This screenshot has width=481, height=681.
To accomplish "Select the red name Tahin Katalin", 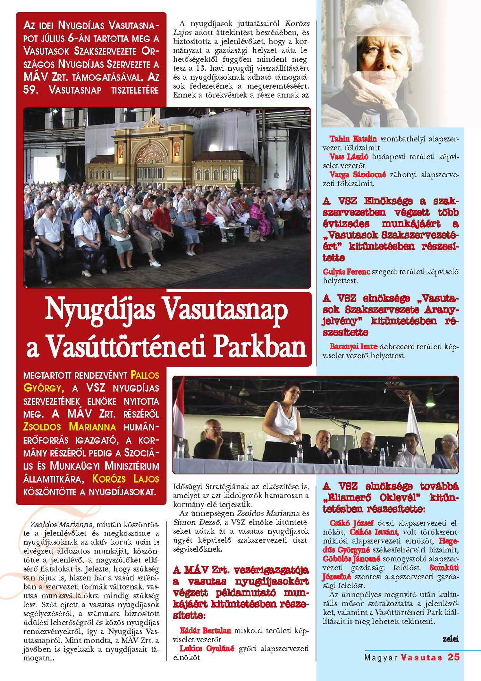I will [x=353, y=139].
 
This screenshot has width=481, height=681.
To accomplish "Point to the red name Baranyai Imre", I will [x=353, y=347].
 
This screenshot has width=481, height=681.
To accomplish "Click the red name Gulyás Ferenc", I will [x=346, y=272].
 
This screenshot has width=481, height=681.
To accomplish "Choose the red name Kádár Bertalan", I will [x=205, y=630].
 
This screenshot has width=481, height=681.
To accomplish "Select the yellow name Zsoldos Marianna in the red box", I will [x=70, y=427].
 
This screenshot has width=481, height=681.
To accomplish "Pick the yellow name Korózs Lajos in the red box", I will [x=125, y=479].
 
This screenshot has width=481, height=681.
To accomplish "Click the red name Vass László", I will [x=349, y=157].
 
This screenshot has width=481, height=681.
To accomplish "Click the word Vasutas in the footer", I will [x=421, y=657].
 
